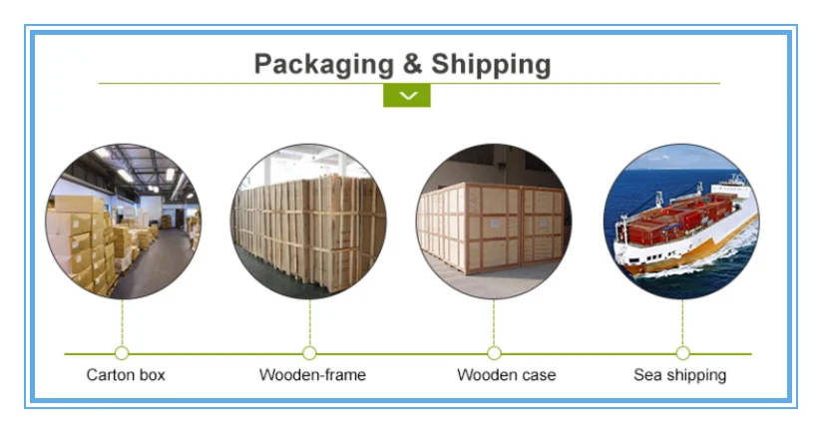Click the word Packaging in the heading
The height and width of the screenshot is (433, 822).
point(321,65)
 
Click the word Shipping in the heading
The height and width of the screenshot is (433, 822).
point(491,65)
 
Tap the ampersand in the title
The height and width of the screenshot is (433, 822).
point(411,65)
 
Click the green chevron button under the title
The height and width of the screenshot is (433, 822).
point(407,96)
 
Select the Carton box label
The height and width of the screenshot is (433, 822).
point(126,375)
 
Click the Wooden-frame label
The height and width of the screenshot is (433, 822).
point(312,375)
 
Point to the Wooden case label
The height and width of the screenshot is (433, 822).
point(506,375)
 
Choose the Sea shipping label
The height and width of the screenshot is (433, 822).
point(680,375)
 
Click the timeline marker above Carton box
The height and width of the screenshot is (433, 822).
point(122,353)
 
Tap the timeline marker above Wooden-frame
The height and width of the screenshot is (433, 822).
point(309,353)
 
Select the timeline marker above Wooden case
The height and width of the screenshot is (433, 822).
point(494,353)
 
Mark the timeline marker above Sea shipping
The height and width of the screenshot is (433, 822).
point(682,353)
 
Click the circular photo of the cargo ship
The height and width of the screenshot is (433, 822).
point(681,221)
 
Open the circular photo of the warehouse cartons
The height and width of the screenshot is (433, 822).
point(123,221)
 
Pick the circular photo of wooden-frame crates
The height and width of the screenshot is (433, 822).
point(309,221)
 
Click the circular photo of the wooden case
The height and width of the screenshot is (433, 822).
point(494,221)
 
